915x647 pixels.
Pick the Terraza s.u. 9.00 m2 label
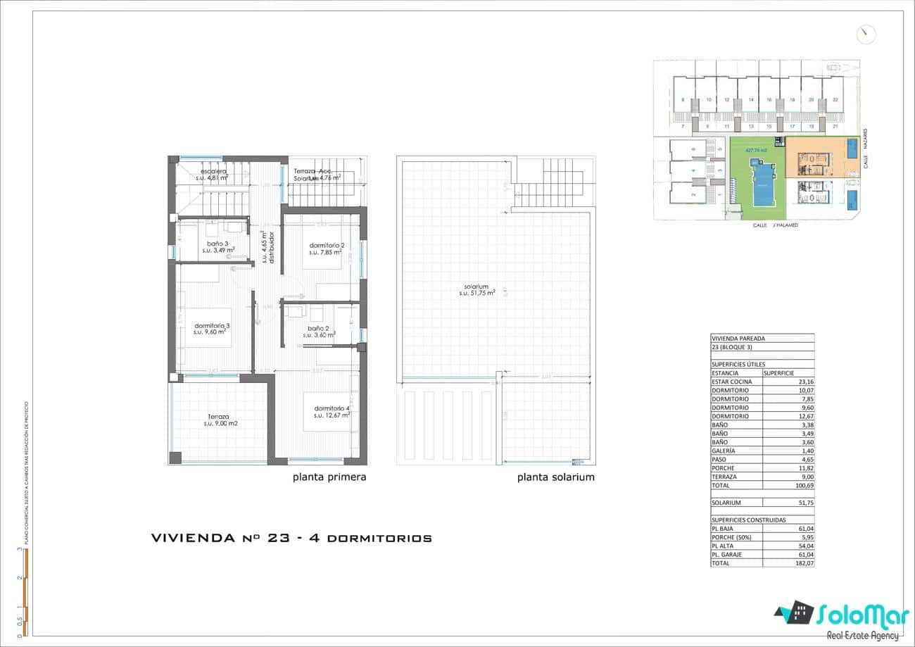[219, 420]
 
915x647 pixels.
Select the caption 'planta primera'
[329, 477]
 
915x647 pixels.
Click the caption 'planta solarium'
[555, 477]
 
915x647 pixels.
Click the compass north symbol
[866, 34]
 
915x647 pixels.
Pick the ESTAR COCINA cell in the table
[732, 382]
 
